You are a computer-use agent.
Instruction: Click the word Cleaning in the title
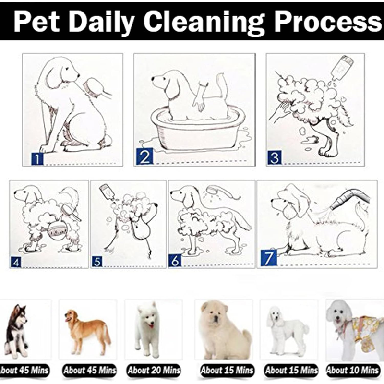click(x=204, y=22)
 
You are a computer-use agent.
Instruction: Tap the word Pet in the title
click(x=37, y=21)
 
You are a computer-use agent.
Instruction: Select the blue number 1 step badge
click(x=37, y=159)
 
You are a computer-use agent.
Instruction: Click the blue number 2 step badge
click(x=145, y=157)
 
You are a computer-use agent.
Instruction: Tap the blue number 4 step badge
click(x=16, y=263)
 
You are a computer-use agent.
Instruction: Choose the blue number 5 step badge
click(x=97, y=262)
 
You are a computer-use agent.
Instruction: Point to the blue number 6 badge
click(x=175, y=260)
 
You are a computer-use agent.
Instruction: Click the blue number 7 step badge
click(x=269, y=258)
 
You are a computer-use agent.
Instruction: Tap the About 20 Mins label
click(x=154, y=370)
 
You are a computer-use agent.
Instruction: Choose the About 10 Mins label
click(x=353, y=370)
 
